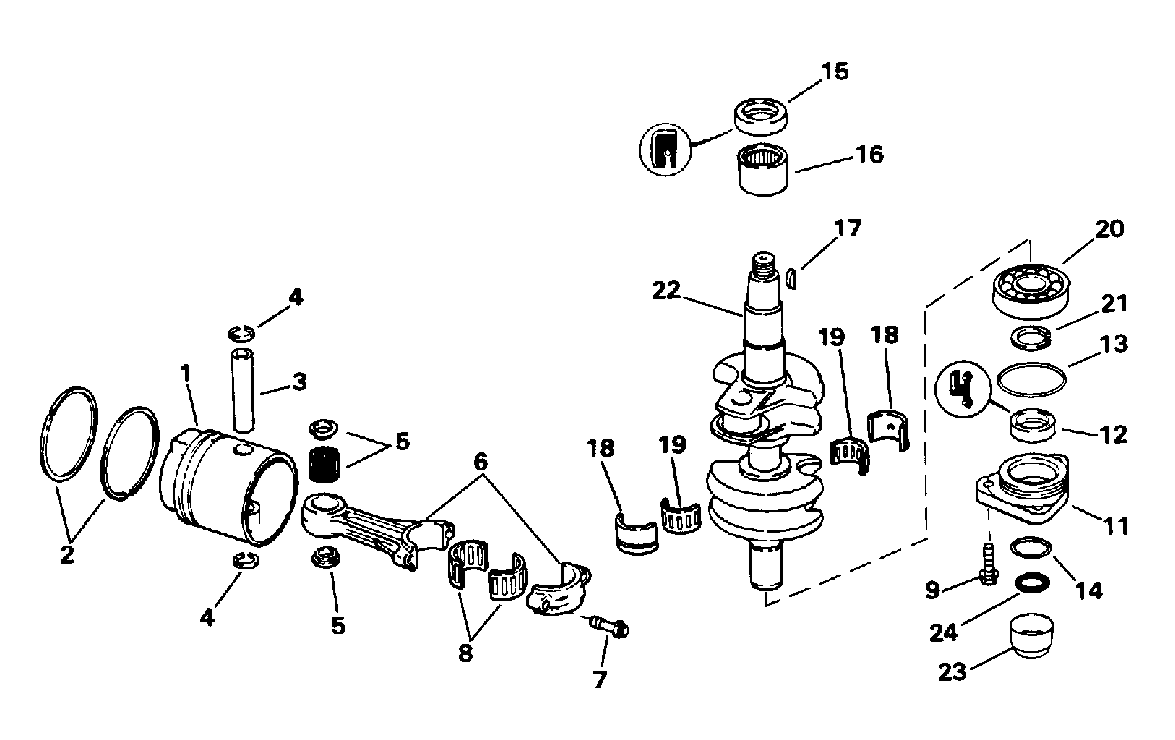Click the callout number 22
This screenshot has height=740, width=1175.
[x=666, y=291]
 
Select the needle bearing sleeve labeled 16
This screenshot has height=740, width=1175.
[x=763, y=169]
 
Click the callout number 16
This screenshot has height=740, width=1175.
[x=871, y=155]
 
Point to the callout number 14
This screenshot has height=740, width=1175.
[x=1088, y=592]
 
